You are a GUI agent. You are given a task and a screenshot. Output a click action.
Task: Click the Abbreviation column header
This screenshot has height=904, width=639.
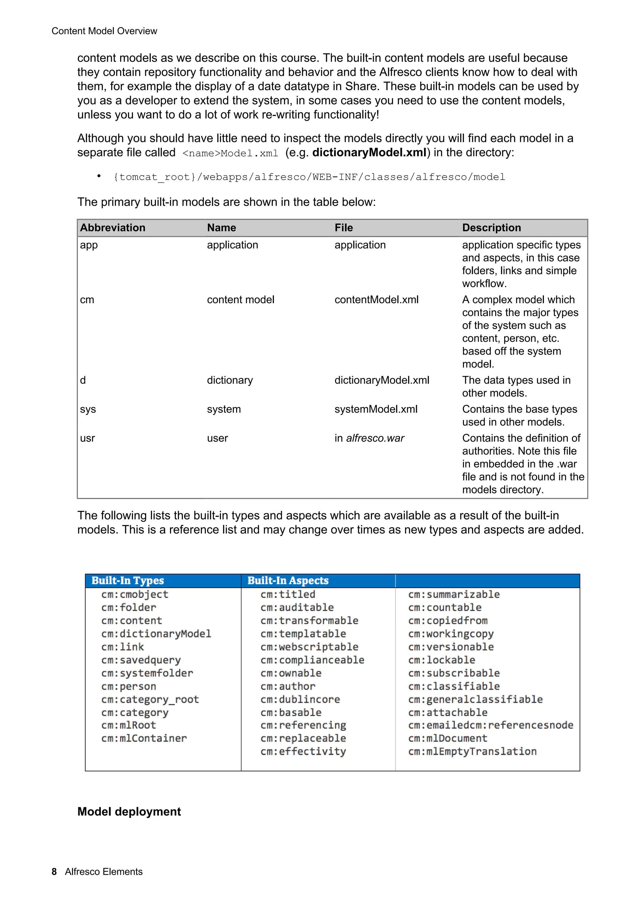coord(113,228)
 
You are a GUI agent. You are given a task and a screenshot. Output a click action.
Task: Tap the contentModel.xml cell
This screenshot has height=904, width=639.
coord(376,300)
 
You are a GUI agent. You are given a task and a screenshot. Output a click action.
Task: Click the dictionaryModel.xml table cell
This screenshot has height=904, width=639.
coord(382,380)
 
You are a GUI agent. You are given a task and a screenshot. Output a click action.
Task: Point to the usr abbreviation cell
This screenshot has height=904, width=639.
coord(87,438)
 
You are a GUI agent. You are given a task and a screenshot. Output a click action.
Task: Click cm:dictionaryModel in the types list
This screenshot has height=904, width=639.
coord(156,634)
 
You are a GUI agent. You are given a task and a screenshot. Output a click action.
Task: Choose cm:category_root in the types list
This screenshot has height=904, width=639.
coord(150,699)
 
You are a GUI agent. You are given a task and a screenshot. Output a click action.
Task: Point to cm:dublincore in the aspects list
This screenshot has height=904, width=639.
coord(300,699)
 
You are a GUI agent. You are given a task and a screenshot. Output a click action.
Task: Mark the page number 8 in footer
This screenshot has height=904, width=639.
coord(54,871)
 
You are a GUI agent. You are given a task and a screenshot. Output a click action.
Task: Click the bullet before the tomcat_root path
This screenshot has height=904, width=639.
coord(99,176)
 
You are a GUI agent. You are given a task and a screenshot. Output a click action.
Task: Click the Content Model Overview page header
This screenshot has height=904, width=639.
coord(104,31)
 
